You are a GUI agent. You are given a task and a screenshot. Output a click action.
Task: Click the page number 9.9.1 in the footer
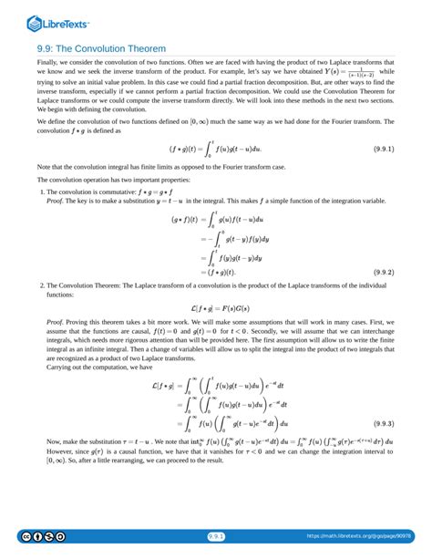click(216, 536)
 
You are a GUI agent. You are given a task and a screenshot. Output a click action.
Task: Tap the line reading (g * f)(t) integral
click(215, 220)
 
